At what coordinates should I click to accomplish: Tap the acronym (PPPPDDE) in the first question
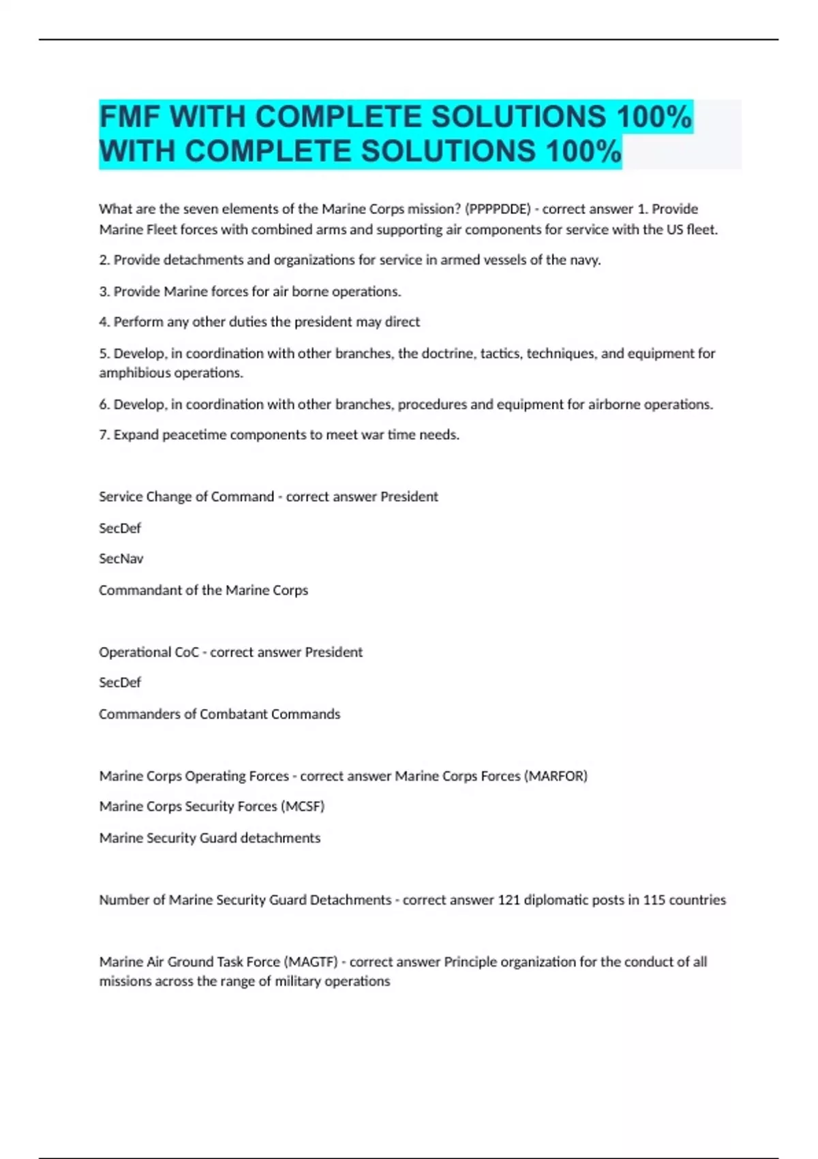[498, 209]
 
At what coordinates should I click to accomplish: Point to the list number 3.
[104, 291]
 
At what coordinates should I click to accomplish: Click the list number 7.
[104, 435]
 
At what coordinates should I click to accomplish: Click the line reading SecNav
[121, 558]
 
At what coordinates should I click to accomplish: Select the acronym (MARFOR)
[556, 776]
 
